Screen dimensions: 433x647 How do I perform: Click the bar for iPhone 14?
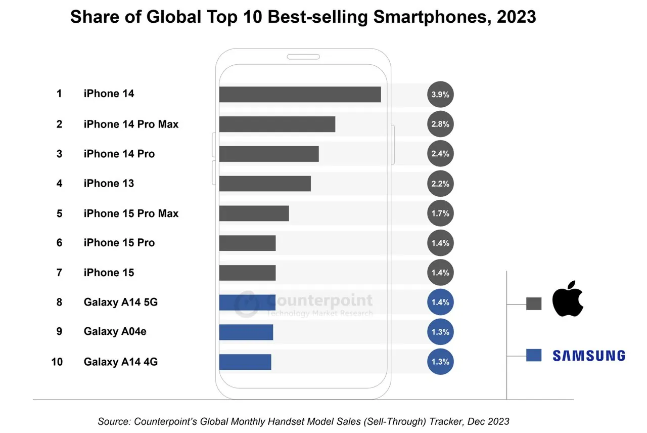[x=300, y=95]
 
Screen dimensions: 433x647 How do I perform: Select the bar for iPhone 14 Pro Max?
[x=277, y=124]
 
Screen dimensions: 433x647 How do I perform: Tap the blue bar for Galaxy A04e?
[x=246, y=332]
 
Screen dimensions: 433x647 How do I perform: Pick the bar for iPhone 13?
[x=265, y=184]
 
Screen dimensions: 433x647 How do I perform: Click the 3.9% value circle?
[x=440, y=95]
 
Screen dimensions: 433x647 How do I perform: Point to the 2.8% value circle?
[x=440, y=124]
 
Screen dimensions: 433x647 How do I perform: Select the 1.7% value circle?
[x=440, y=213]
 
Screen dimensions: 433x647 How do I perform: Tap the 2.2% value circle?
[x=440, y=184]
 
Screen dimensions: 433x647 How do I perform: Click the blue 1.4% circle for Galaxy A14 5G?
[x=440, y=302]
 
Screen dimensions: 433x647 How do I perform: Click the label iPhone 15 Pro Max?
[x=131, y=213]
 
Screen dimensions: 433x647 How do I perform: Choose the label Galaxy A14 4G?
[x=120, y=362]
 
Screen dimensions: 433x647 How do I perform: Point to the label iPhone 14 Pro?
[x=119, y=154]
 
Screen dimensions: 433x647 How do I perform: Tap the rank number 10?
[x=57, y=362]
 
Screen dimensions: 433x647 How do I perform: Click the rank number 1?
[x=59, y=94]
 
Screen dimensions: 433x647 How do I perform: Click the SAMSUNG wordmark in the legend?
[x=589, y=356]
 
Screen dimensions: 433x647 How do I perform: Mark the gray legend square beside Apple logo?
[x=534, y=304]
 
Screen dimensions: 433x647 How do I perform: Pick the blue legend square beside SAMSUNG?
[x=534, y=355]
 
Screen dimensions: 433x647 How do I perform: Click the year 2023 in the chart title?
[x=516, y=17]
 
